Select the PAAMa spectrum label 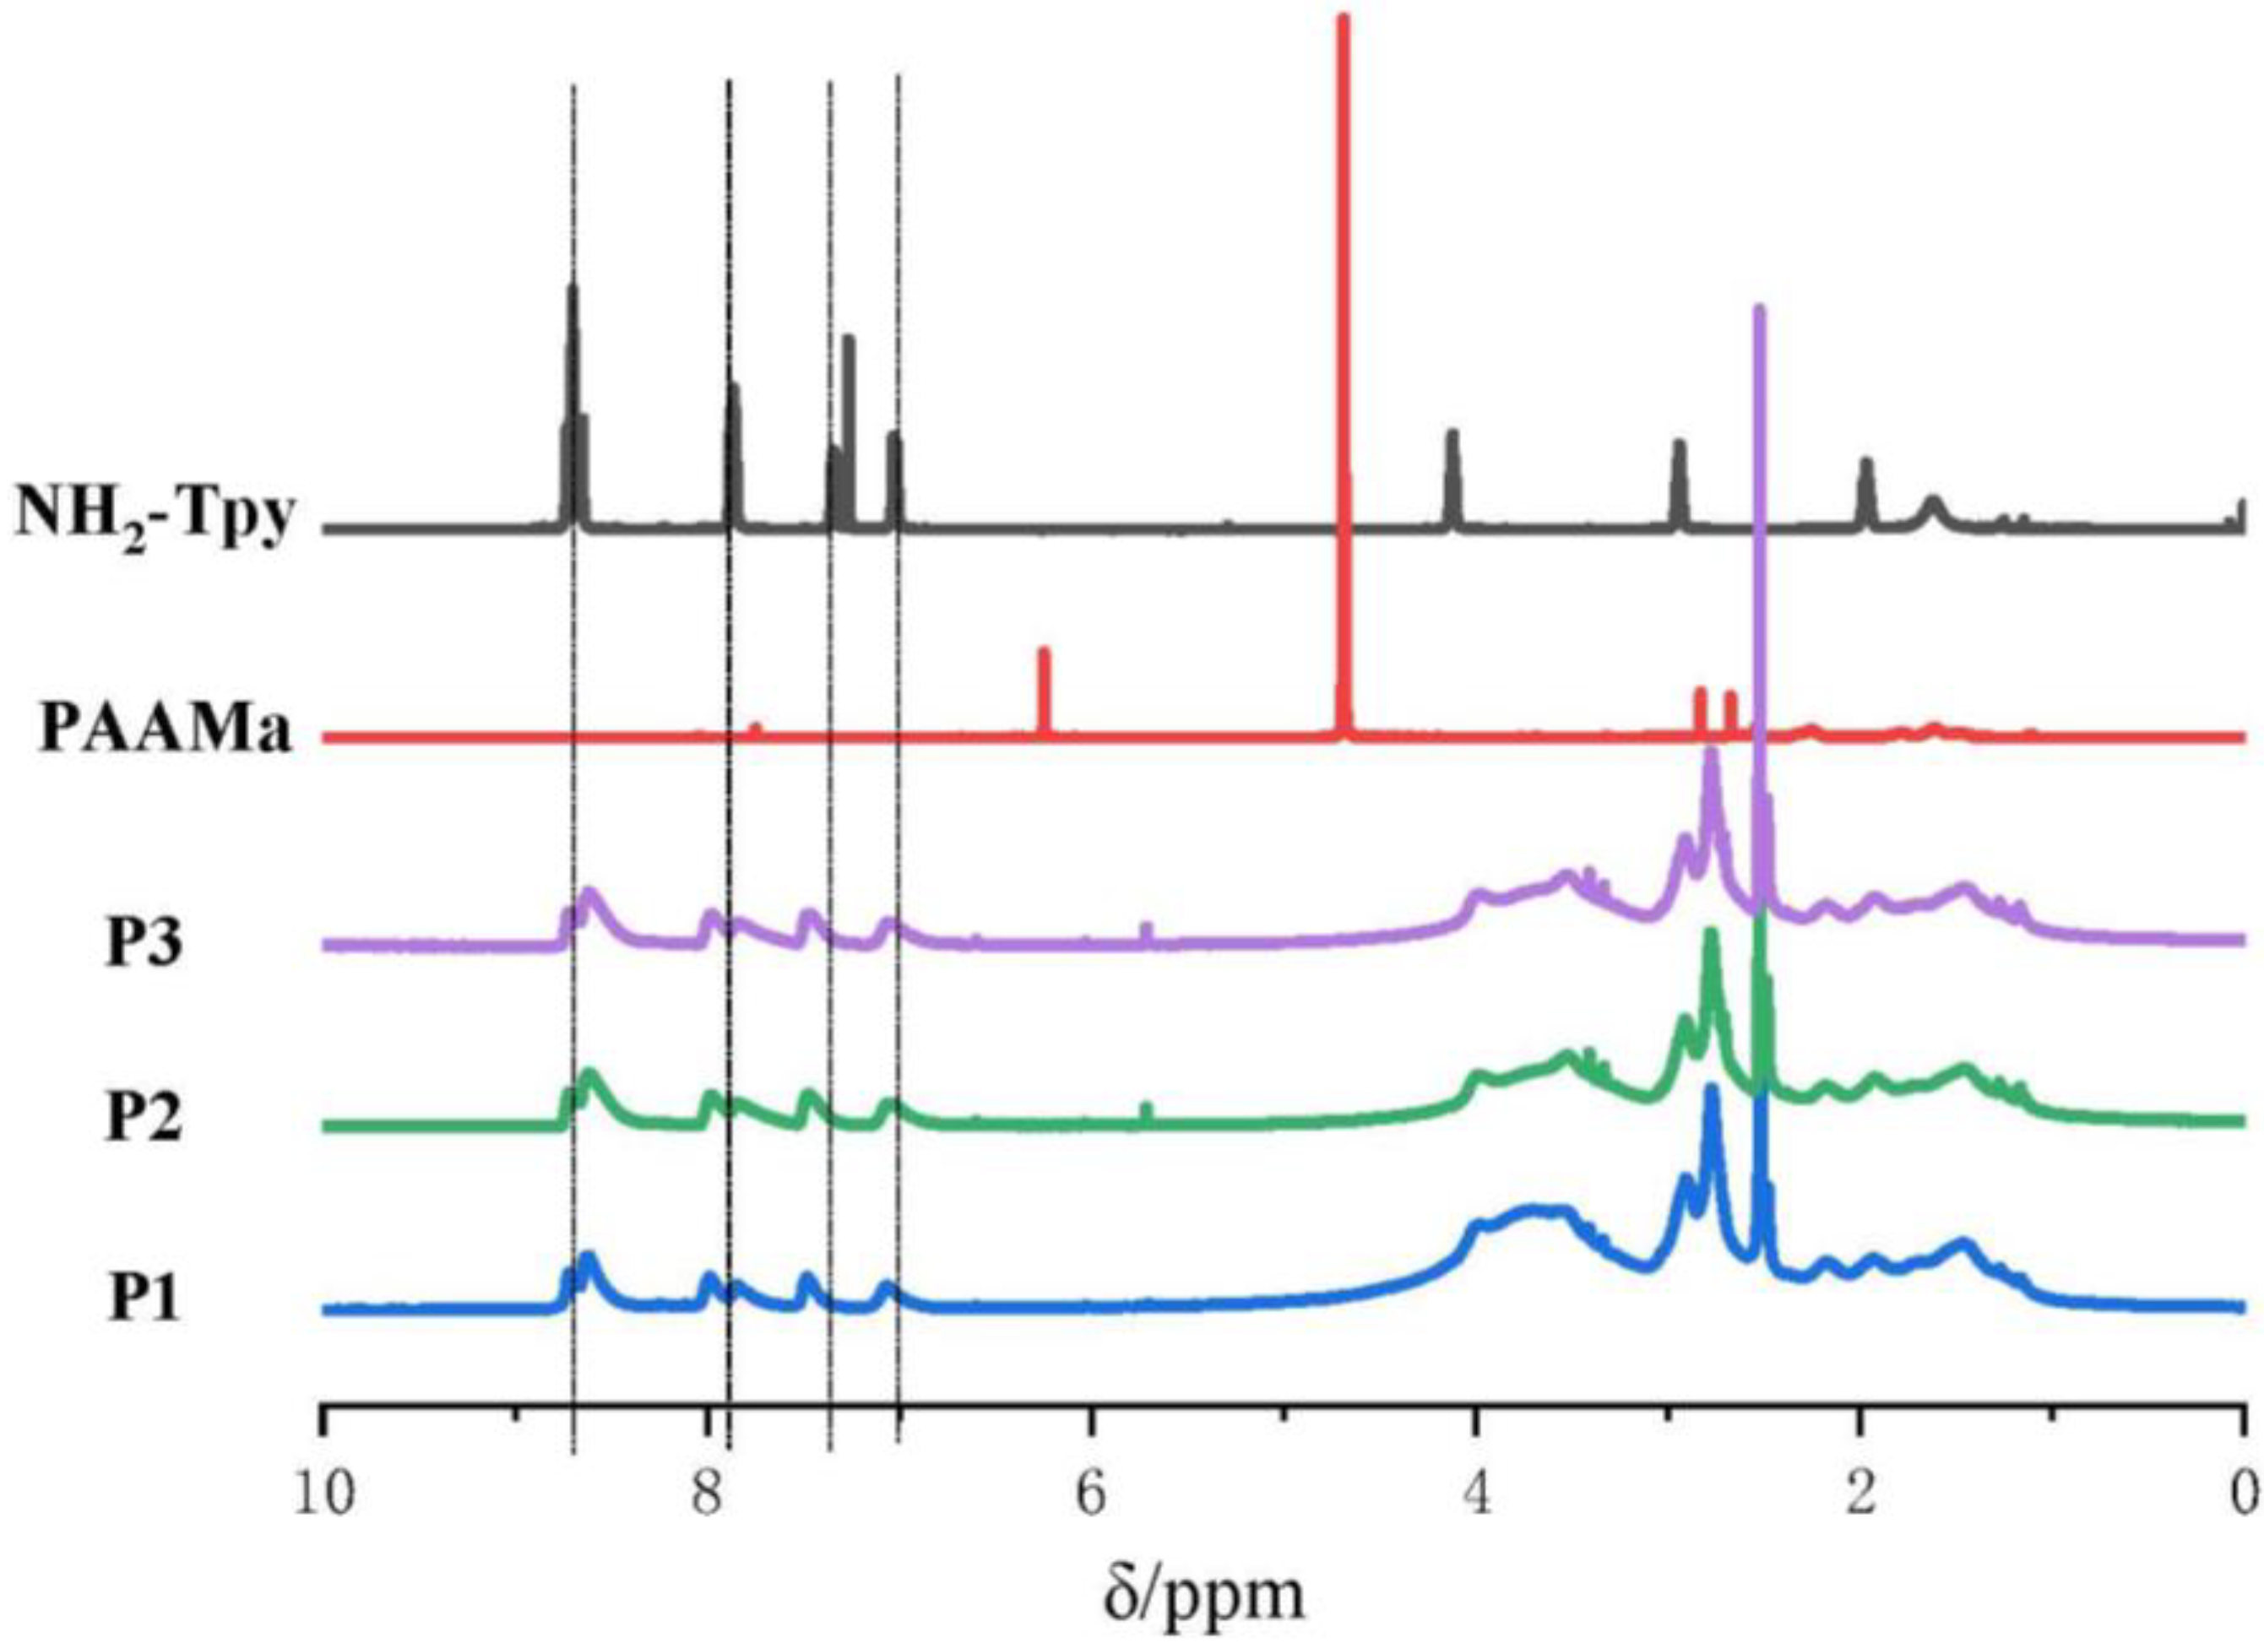click(165, 732)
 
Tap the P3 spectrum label click(144, 943)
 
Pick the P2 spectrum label click(144, 1120)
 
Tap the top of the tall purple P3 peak click(1759, 310)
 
